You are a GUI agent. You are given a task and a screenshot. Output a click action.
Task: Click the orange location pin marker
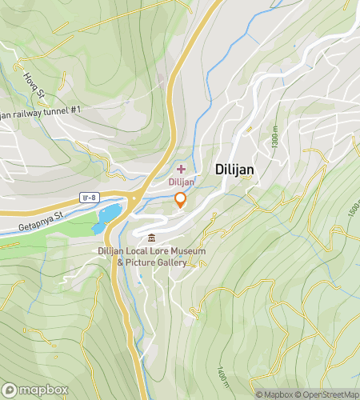pyautogui.click(x=181, y=200)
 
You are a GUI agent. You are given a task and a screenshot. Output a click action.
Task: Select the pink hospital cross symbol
pyautogui.click(x=181, y=169)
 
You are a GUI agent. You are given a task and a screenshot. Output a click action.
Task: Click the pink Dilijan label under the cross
pyautogui.click(x=181, y=182)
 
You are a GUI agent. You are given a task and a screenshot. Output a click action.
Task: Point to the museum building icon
pyautogui.click(x=152, y=237)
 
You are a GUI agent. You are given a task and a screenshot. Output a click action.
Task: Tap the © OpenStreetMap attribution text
pyautogui.click(x=327, y=394)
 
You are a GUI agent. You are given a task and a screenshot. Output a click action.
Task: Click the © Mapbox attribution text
pyautogui.click(x=274, y=394)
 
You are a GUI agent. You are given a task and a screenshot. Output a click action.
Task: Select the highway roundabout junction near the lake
pyautogui.click(x=134, y=200)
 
